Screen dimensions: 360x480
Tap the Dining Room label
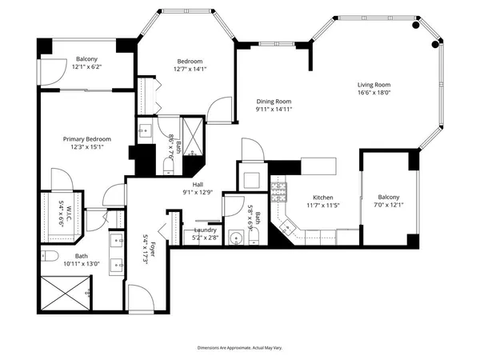tap(274, 102)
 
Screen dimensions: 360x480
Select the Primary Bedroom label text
tap(87, 139)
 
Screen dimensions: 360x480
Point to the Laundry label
tap(206, 230)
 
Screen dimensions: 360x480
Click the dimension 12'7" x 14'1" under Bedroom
tap(190, 70)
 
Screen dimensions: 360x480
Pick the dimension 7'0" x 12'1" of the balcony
tap(388, 205)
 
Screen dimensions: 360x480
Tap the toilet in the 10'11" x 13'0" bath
tap(49, 258)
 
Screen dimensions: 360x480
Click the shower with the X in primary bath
tap(62, 293)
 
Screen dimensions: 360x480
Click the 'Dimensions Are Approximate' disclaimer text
tap(240, 348)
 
